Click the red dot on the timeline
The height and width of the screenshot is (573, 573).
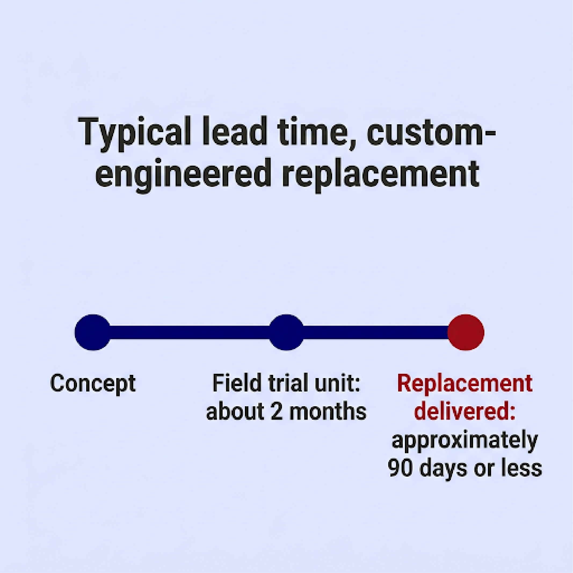[466, 332]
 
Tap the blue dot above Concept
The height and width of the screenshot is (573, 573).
[93, 332]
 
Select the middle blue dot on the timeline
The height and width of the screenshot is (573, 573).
[286, 332]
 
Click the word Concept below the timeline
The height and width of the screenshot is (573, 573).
[93, 384]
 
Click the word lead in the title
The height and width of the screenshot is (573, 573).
[235, 132]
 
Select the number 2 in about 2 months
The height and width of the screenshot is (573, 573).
[277, 412]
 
